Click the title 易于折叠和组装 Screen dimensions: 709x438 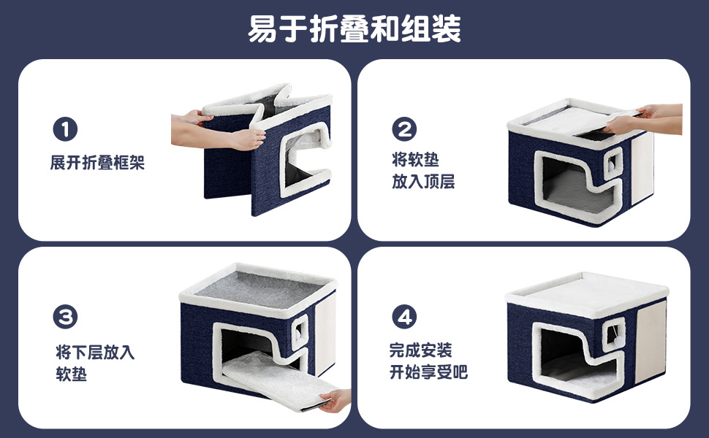354,29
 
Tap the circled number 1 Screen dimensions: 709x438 65,129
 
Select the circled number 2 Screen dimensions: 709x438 404,129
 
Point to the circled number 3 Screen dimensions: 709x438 65,317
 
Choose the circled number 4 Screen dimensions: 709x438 404,317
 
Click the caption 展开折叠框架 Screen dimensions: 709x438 97,163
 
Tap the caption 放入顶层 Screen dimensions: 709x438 423,182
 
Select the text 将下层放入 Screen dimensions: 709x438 95,352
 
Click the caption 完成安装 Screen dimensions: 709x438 420,350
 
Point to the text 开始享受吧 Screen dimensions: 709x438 428,372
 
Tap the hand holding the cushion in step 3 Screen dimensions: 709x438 335,400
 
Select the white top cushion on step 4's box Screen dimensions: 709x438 587,294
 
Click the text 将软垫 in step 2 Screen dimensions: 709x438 416,160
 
